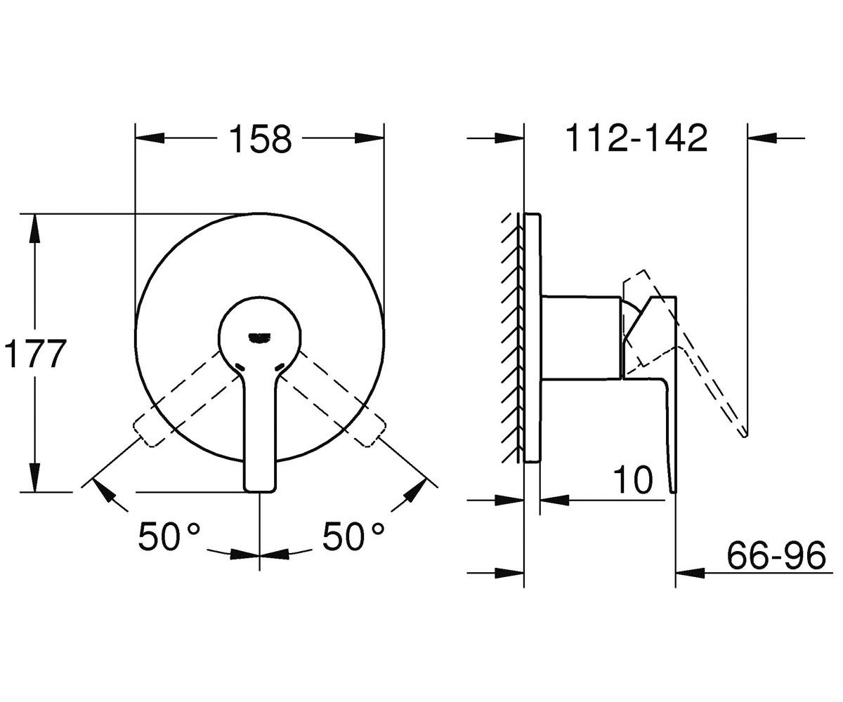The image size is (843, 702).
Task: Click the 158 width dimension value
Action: [261, 138]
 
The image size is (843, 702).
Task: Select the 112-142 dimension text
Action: [636, 138]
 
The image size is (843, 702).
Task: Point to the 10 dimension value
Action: [633, 480]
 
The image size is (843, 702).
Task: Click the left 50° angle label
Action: [169, 536]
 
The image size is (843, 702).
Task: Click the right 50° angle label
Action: [353, 536]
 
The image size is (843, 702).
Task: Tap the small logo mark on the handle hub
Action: [260, 338]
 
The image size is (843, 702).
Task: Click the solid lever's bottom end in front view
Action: [261, 491]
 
